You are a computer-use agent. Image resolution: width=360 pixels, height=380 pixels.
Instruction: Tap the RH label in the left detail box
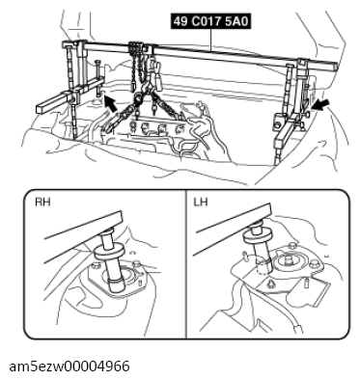[x=43, y=203]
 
